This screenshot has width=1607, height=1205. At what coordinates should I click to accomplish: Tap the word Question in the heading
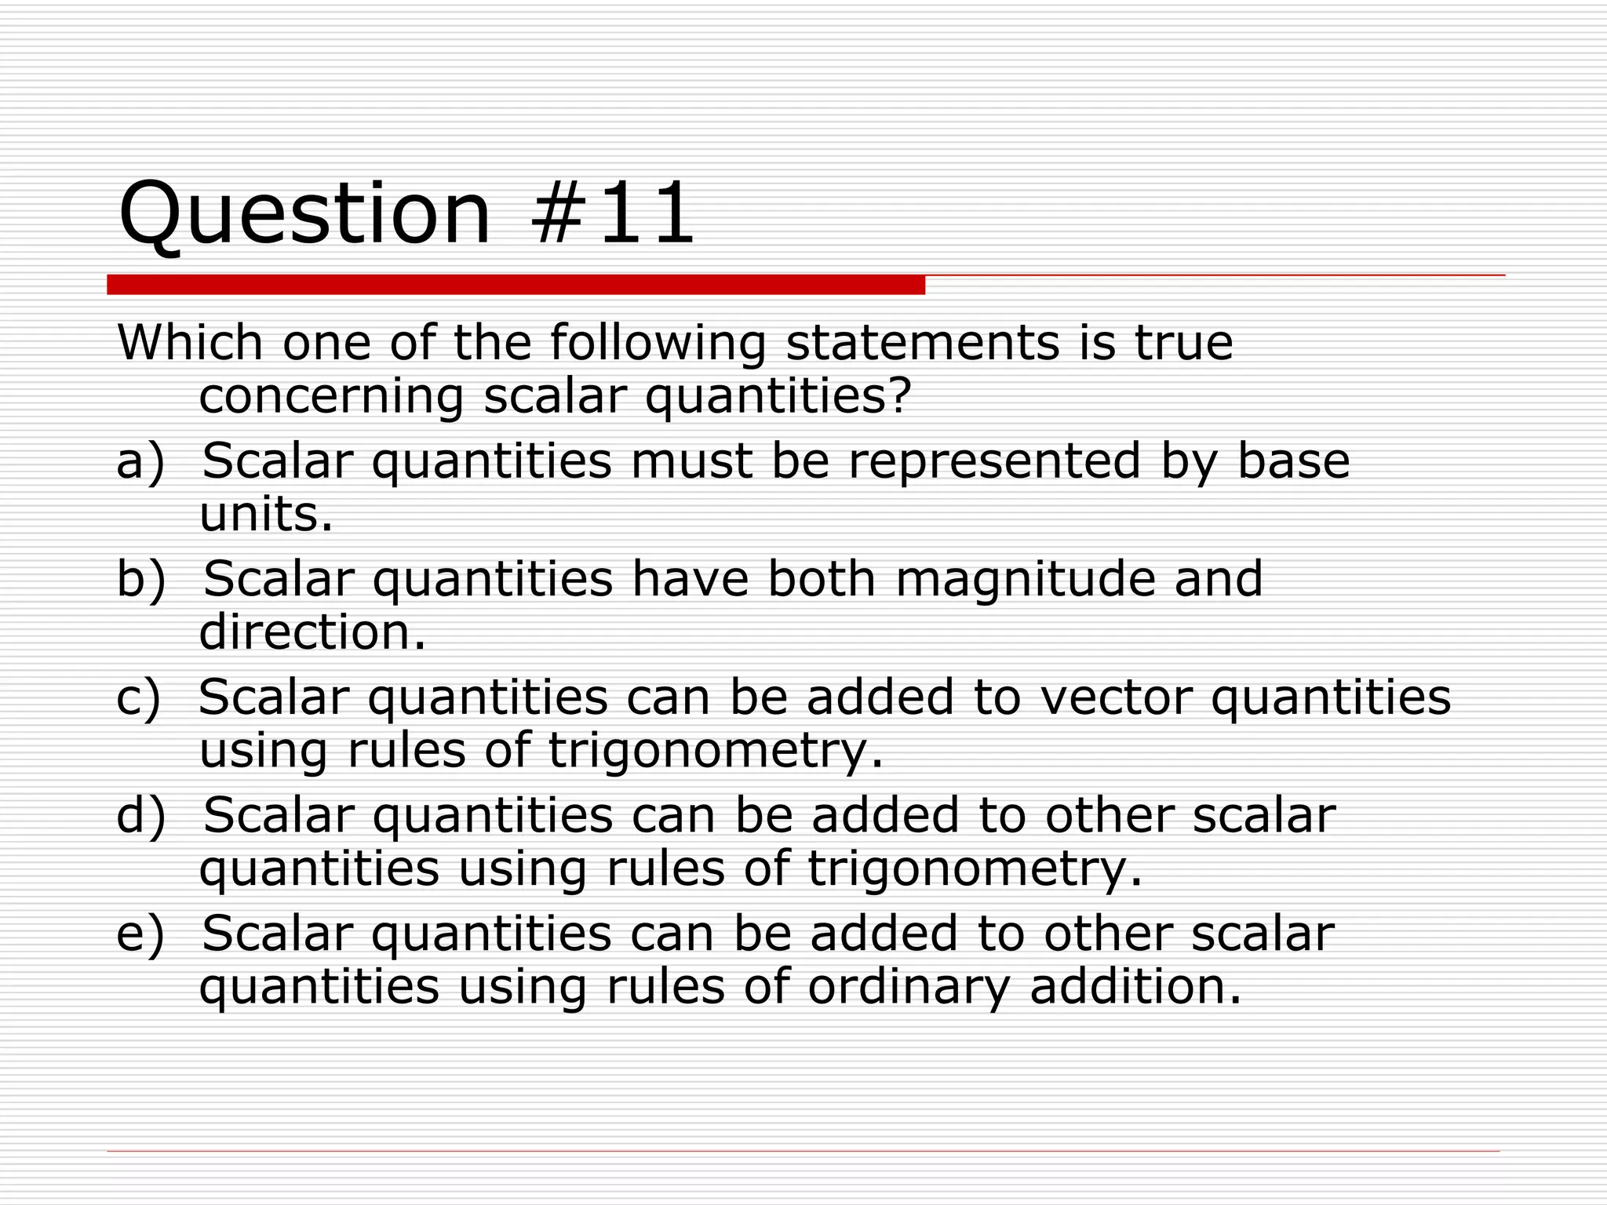pyautogui.click(x=304, y=213)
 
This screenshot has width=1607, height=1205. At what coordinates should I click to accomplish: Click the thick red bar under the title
pyautogui.click(x=516, y=284)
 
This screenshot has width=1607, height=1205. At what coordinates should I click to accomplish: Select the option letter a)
pyautogui.click(x=141, y=461)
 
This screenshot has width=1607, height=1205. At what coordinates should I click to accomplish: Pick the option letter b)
pyautogui.click(x=141, y=579)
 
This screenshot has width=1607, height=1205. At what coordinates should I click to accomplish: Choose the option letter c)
pyautogui.click(x=139, y=697)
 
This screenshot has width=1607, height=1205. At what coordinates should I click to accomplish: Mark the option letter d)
pyautogui.click(x=141, y=815)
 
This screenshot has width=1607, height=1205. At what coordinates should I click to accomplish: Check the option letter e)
pyautogui.click(x=141, y=934)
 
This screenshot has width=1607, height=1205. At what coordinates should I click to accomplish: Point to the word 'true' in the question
pyautogui.click(x=1183, y=343)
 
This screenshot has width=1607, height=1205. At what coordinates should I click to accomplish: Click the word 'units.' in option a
pyautogui.click(x=266, y=515)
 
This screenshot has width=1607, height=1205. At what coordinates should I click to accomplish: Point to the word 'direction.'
pyautogui.click(x=312, y=632)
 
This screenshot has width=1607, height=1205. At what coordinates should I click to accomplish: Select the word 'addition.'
pyautogui.click(x=1135, y=986)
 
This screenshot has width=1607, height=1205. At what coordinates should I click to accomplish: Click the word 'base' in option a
pyautogui.click(x=1293, y=461)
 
